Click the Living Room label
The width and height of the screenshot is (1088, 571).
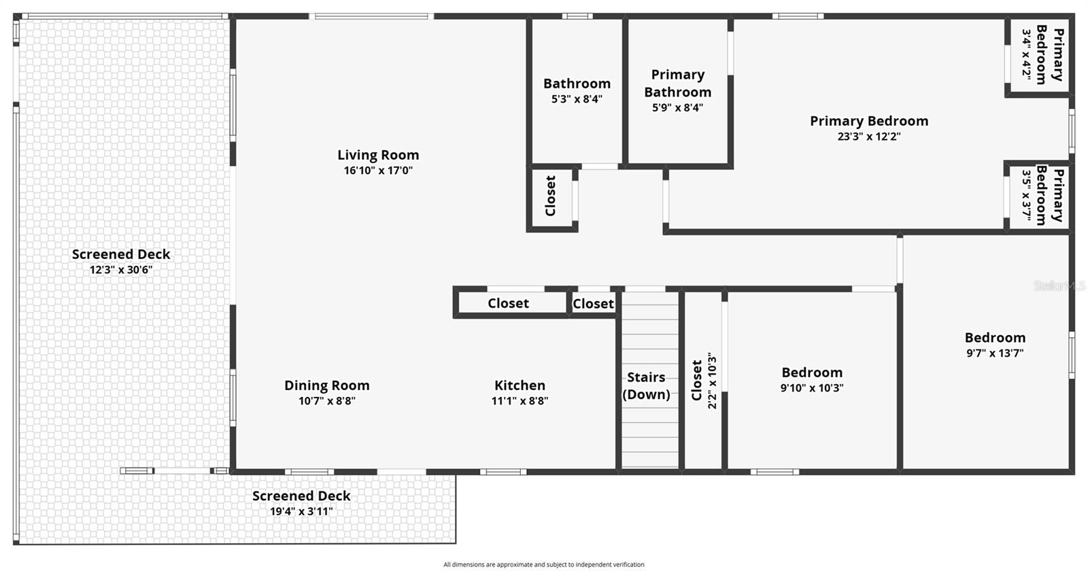tap(378, 155)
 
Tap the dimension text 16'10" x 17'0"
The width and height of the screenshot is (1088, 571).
tap(378, 171)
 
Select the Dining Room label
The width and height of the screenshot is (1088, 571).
tap(326, 385)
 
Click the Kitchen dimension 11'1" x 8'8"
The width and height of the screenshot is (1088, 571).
tap(520, 401)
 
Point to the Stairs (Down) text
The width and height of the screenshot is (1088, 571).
tap(646, 385)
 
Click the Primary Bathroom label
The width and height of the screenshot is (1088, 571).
tap(677, 83)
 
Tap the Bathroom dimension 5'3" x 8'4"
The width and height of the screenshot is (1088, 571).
tap(577, 99)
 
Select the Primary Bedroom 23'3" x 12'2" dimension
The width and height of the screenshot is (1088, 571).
tap(868, 137)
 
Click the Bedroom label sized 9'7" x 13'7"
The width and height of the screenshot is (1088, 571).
tap(995, 338)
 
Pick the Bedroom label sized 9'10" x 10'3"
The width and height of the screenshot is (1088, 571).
tap(812, 373)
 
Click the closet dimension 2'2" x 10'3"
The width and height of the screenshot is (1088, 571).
tap(713, 381)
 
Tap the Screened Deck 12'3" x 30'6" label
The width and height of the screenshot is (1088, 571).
tap(121, 254)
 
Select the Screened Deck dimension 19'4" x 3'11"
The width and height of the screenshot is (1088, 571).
tap(301, 511)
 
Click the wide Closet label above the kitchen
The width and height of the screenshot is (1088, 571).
tap(508, 304)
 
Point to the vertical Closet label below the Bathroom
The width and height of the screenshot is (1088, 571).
tap(551, 196)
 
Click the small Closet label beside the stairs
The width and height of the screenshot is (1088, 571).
tap(593, 304)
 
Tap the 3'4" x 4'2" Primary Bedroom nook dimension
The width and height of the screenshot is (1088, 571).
tap(1026, 55)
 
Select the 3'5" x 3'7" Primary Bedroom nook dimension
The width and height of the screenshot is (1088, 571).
tap(1026, 196)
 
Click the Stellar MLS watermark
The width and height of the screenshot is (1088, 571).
tap(1059, 286)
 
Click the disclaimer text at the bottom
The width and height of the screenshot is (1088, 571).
tap(543, 564)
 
